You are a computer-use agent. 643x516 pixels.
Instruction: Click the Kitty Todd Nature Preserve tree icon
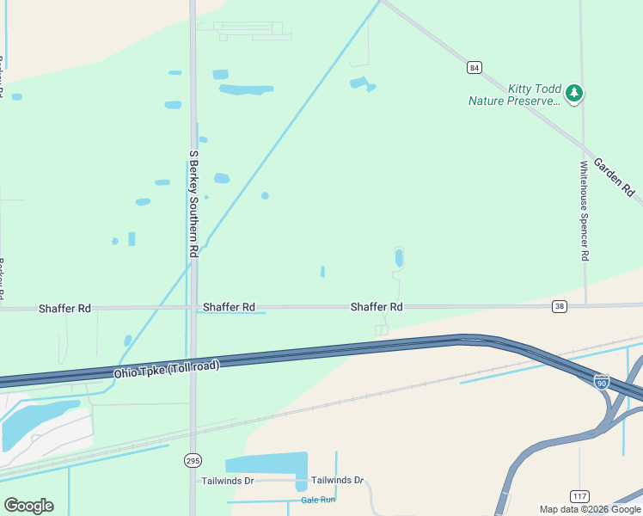[574, 92]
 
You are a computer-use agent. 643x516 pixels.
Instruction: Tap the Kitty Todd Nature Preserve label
[514, 95]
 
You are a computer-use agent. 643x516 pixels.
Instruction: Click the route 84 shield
[474, 67]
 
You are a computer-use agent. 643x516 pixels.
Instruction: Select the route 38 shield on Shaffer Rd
[560, 306]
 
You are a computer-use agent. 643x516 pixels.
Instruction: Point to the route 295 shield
[193, 461]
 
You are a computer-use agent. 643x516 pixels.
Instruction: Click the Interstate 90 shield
[602, 381]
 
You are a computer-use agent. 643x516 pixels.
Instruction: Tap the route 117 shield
[580, 495]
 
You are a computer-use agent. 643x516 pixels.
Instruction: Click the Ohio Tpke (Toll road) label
[167, 369]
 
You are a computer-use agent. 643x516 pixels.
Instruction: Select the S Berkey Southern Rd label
[193, 203]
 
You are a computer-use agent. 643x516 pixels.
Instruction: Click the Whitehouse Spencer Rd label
[585, 211]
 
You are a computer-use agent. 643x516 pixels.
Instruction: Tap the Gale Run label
[318, 500]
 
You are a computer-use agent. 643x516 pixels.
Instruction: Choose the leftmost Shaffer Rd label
[64, 307]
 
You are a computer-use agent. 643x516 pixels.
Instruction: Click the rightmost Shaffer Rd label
[377, 307]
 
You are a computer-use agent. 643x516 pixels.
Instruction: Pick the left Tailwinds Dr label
[228, 481]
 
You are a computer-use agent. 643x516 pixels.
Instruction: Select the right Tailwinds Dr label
[338, 481]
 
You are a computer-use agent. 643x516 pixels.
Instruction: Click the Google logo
[28, 506]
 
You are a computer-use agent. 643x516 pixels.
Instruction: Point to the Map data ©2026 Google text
[590, 509]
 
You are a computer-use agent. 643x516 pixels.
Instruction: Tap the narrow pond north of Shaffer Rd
[398, 257]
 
